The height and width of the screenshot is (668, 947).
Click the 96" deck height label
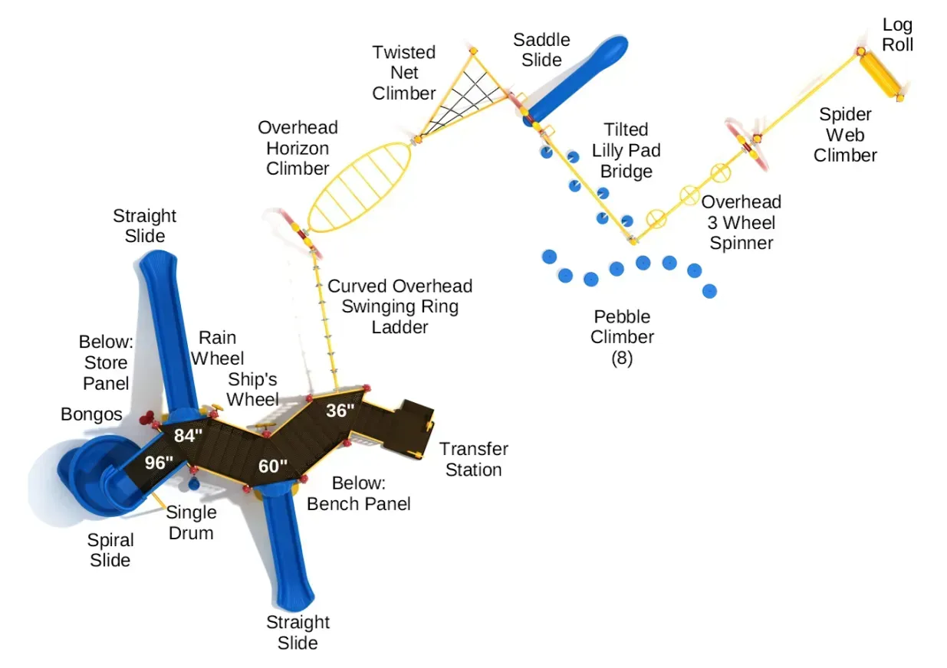tap(159, 463)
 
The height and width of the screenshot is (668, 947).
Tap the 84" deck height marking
tap(188, 435)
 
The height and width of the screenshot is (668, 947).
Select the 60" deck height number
tap(273, 467)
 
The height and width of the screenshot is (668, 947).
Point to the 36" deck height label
tap(340, 411)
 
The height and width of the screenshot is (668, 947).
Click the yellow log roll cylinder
tap(881, 76)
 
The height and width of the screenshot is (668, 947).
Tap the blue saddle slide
tap(576, 80)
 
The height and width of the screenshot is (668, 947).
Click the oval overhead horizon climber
tap(360, 187)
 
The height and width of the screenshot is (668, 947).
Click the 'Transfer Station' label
tap(474, 460)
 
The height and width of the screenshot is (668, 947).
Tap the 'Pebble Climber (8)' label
tap(622, 337)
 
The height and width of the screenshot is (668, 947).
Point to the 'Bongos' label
tap(91, 414)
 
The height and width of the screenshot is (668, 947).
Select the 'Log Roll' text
tap(897, 34)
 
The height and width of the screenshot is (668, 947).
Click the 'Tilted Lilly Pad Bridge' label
tap(626, 150)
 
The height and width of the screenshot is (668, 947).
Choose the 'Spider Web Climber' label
tap(845, 135)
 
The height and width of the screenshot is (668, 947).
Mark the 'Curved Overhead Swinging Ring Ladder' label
tap(400, 306)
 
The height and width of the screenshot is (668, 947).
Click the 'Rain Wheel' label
tap(217, 348)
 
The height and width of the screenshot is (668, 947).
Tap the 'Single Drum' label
tap(191, 522)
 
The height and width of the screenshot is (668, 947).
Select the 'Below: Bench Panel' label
tap(359, 493)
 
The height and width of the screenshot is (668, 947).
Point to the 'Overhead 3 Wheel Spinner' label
tap(741, 222)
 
